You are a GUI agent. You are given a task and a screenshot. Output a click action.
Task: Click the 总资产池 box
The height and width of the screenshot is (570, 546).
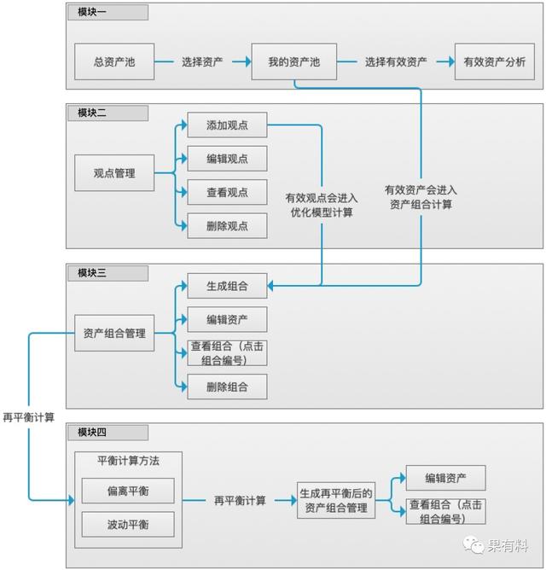pyautogui.click(x=114, y=62)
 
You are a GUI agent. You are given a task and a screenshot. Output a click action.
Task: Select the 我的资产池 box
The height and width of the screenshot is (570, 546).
pyautogui.click(x=293, y=62)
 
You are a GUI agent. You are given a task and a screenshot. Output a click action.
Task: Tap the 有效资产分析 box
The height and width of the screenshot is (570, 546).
pyautogui.click(x=494, y=62)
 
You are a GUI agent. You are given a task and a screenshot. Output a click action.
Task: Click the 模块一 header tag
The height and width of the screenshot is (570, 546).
pyautogui.click(x=107, y=13)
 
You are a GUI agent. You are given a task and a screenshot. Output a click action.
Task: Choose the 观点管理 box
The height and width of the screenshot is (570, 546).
pyautogui.click(x=114, y=172)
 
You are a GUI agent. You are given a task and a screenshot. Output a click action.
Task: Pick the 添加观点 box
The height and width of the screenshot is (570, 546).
pyautogui.click(x=227, y=126)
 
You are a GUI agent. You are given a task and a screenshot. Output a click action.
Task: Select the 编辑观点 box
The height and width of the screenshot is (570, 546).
pyautogui.click(x=227, y=160)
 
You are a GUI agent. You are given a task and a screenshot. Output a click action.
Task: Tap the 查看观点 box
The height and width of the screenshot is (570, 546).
pyautogui.click(x=227, y=193)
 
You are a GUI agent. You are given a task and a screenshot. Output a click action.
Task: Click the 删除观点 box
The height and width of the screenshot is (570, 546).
pyautogui.click(x=227, y=226)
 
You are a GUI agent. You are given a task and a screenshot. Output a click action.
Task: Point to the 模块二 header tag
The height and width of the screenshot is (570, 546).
pyautogui.click(x=107, y=113)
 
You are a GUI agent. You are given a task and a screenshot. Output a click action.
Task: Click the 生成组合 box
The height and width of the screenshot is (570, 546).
pyautogui.click(x=227, y=286)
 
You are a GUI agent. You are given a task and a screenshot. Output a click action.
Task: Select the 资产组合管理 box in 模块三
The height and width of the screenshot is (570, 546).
pyautogui.click(x=114, y=334)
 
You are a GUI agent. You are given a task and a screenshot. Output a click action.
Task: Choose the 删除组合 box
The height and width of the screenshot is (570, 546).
pyautogui.click(x=227, y=387)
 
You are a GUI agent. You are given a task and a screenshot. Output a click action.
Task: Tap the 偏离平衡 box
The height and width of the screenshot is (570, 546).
pyautogui.click(x=128, y=491)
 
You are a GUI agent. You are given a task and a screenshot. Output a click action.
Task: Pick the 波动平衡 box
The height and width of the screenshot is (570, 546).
pyautogui.click(x=128, y=523)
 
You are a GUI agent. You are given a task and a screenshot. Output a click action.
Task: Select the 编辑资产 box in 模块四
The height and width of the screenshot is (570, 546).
pyautogui.click(x=445, y=478)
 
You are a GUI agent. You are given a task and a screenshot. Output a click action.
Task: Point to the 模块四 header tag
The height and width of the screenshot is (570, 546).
pyautogui.click(x=107, y=432)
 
